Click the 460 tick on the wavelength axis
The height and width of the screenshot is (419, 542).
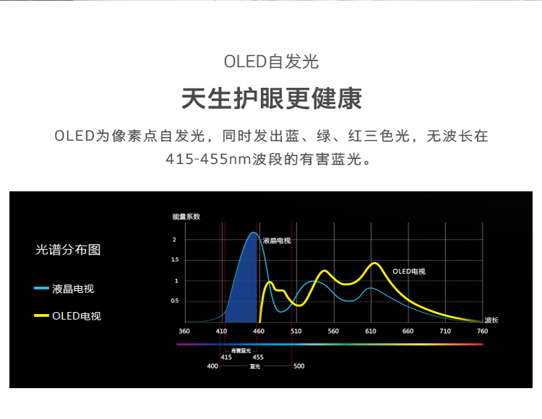point(259,331)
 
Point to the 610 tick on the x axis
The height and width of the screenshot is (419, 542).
point(370,331)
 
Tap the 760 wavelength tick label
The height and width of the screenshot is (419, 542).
point(482,331)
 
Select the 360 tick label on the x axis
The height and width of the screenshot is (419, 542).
point(185,331)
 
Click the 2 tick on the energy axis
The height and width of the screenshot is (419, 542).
point(174,239)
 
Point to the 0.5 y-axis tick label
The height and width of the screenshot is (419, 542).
point(175,301)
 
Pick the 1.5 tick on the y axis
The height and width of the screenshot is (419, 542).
point(175,259)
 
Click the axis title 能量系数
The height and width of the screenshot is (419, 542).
point(187,217)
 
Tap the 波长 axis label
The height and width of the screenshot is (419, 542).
point(491,320)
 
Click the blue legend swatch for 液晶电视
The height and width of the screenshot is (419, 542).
point(41,288)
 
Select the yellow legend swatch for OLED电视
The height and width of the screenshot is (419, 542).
point(41,315)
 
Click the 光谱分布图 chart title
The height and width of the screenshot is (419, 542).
point(68,250)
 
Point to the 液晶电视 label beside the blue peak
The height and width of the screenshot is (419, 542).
point(276,241)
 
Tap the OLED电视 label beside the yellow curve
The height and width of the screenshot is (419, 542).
point(409,272)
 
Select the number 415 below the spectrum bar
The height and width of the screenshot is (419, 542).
point(226,357)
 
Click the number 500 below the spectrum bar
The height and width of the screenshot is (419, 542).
point(299,366)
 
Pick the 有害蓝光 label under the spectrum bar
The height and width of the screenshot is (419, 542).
point(241,350)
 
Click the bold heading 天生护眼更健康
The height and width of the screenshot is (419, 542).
point(272,99)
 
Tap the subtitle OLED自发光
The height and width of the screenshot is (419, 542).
point(272,62)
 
